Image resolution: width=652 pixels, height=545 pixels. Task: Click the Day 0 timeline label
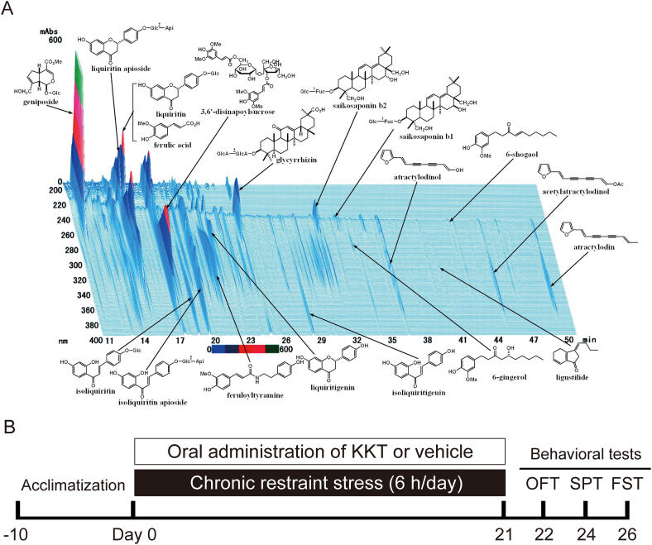133,527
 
